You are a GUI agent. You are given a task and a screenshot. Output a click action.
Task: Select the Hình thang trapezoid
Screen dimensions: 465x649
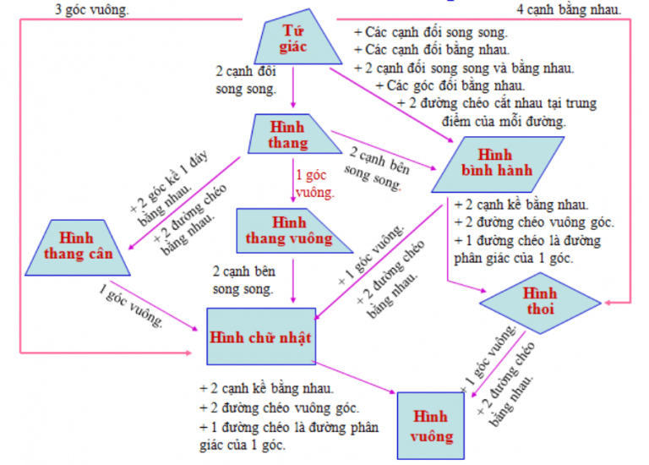coord(289,134)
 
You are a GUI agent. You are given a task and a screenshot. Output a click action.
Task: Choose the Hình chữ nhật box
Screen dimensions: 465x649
coord(261,336)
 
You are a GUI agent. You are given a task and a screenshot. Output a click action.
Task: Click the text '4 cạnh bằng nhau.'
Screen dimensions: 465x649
coord(569,10)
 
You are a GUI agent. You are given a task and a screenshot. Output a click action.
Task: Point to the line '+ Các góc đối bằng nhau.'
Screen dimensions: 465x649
coord(451,85)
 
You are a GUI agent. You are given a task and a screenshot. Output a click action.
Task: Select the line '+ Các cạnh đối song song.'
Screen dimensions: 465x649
coord(431,32)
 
